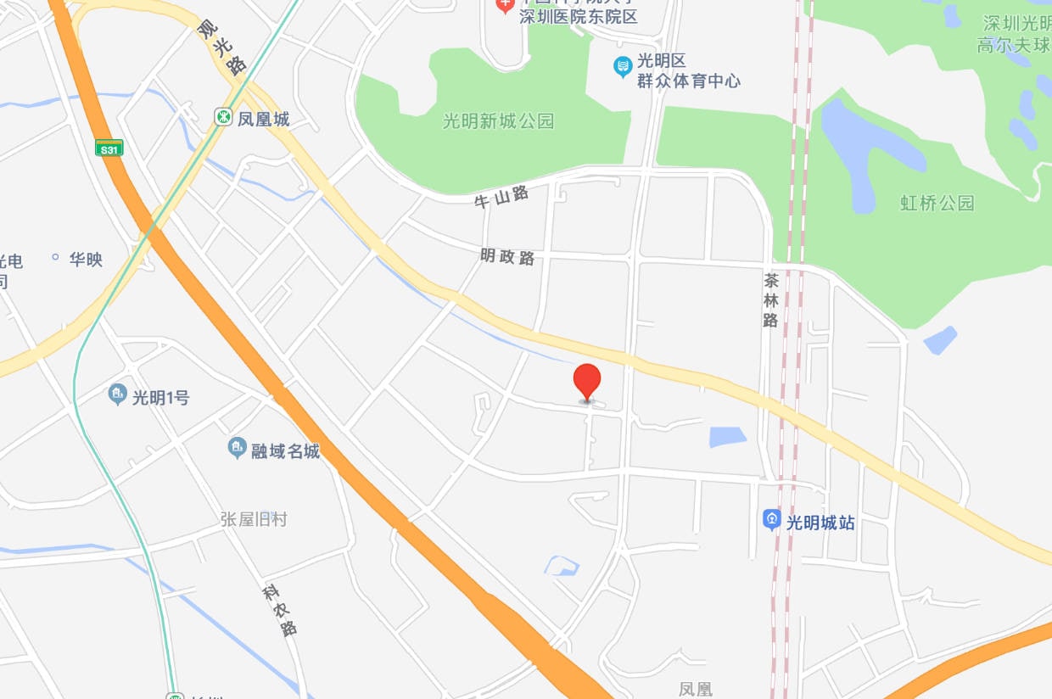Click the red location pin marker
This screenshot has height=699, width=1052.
coord(587,380)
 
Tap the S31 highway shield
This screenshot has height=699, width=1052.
coord(109,148)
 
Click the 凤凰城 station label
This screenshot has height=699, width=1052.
coord(264,119)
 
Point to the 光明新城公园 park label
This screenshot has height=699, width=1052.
coord(498,121)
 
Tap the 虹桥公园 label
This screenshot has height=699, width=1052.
coord(937,203)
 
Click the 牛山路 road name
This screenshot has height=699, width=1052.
coord(501,199)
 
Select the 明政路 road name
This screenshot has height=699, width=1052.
coord(507,256)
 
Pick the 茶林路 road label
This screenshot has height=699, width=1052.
coord(770,299)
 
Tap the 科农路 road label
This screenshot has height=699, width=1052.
coord(279,610)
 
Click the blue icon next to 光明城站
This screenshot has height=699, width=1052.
coord(771,518)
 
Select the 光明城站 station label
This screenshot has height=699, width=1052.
coord(820,523)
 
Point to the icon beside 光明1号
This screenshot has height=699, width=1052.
coord(118,394)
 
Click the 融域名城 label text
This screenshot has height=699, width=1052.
coord(286,450)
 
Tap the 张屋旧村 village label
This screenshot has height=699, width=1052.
coord(254,518)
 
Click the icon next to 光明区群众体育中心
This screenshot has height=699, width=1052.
coord(623,64)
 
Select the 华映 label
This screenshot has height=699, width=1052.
coord(86,259)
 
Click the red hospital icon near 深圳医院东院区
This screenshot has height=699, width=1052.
coord(505,5)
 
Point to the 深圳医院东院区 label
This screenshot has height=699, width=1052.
coord(579,16)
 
